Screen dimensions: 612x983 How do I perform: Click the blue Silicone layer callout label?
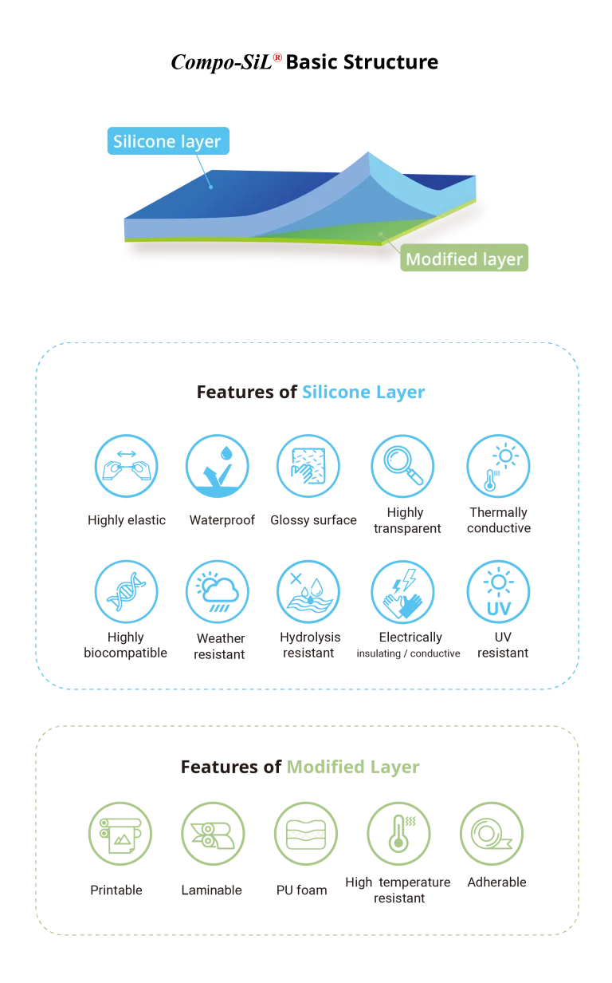pyautogui.click(x=168, y=141)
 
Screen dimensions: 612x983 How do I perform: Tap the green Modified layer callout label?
pyautogui.click(x=464, y=258)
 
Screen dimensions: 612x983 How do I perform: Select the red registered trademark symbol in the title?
pyautogui.click(x=277, y=57)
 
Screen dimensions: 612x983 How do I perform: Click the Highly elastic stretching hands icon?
pyautogui.click(x=126, y=466)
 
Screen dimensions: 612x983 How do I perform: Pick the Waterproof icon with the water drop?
pyautogui.click(x=218, y=466)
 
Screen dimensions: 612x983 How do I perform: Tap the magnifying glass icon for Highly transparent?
pyautogui.click(x=402, y=466)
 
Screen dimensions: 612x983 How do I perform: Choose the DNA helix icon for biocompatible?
pyautogui.click(x=126, y=591)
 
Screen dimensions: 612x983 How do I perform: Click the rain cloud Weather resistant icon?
pyautogui.click(x=218, y=591)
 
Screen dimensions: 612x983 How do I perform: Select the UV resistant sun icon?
pyautogui.click(x=499, y=591)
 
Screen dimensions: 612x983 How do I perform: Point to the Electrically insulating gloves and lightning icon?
pyautogui.click(x=402, y=591)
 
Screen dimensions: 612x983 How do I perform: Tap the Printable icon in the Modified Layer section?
pyautogui.click(x=120, y=833)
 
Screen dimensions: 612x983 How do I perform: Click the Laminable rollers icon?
pyautogui.click(x=213, y=833)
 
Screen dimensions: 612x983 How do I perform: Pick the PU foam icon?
pyautogui.click(x=306, y=833)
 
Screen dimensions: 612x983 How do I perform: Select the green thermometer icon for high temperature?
pyautogui.click(x=399, y=833)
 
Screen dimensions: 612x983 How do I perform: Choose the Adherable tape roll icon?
pyautogui.click(x=492, y=833)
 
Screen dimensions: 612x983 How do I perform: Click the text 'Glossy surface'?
pyautogui.click(x=313, y=520)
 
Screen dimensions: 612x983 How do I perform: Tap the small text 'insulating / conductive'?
pyautogui.click(x=408, y=653)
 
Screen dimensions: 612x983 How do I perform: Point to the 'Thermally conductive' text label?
pyautogui.click(x=499, y=520)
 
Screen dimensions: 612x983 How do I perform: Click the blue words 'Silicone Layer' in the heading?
pyautogui.click(x=363, y=392)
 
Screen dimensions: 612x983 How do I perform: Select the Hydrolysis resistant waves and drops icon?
pyautogui.click(x=308, y=591)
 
